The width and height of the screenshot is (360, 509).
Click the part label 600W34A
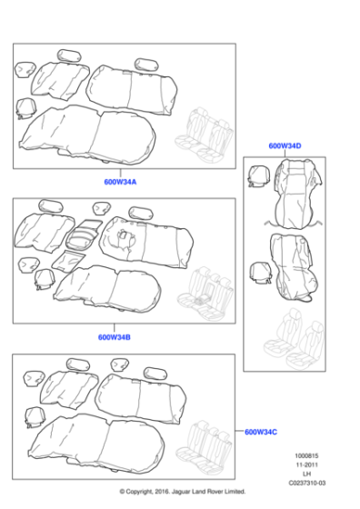click(121, 182)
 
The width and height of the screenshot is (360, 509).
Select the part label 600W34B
click(115, 337)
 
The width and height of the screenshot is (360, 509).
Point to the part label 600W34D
click(285, 145)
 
